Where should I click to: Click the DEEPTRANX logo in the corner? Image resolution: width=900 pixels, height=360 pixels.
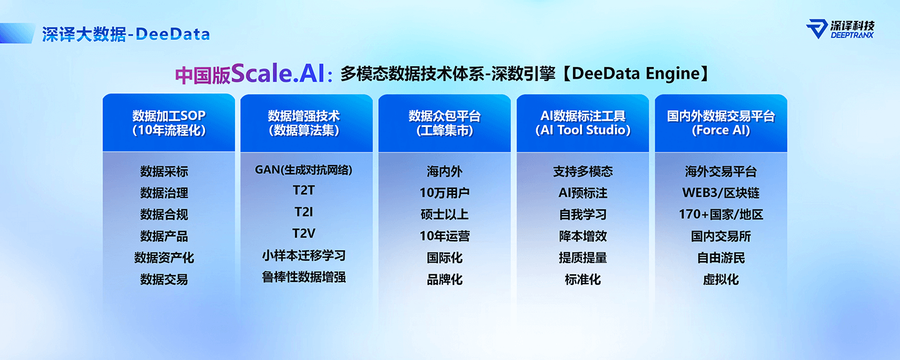pyautogui.click(x=840, y=29)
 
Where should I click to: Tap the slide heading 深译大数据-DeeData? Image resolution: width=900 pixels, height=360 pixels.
pyautogui.click(x=126, y=34)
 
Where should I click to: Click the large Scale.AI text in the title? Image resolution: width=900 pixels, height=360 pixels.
pyautogui.click(x=278, y=73)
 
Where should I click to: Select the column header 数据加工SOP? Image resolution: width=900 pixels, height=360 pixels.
pyautogui.click(x=169, y=123)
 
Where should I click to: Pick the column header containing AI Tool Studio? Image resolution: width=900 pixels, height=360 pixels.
pyautogui.click(x=582, y=123)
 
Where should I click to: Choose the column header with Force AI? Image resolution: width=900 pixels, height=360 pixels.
pyautogui.click(x=721, y=123)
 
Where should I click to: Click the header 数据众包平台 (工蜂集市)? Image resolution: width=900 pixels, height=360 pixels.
pyautogui.click(x=444, y=123)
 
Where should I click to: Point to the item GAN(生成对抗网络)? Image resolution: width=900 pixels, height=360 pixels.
pyautogui.click(x=303, y=170)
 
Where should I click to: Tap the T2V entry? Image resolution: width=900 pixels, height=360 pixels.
pyautogui.click(x=304, y=234)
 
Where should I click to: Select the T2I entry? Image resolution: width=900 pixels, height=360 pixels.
pyautogui.click(x=304, y=212)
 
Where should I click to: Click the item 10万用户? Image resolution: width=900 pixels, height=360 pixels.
pyautogui.click(x=444, y=193)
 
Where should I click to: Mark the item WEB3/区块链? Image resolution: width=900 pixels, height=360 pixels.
pyautogui.click(x=721, y=193)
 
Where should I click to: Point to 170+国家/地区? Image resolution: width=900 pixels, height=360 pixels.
pyautogui.click(x=721, y=214)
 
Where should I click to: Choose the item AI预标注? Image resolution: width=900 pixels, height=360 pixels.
pyautogui.click(x=582, y=193)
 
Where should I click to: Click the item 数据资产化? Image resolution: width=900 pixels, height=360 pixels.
pyautogui.click(x=164, y=257)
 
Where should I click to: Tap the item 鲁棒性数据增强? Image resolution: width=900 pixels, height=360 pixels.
pyautogui.click(x=304, y=277)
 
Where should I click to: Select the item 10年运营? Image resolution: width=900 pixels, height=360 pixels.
pyautogui.click(x=444, y=236)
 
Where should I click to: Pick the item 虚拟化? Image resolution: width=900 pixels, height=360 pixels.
pyautogui.click(x=721, y=279)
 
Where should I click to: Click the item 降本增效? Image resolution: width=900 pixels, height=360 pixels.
pyautogui.click(x=582, y=236)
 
